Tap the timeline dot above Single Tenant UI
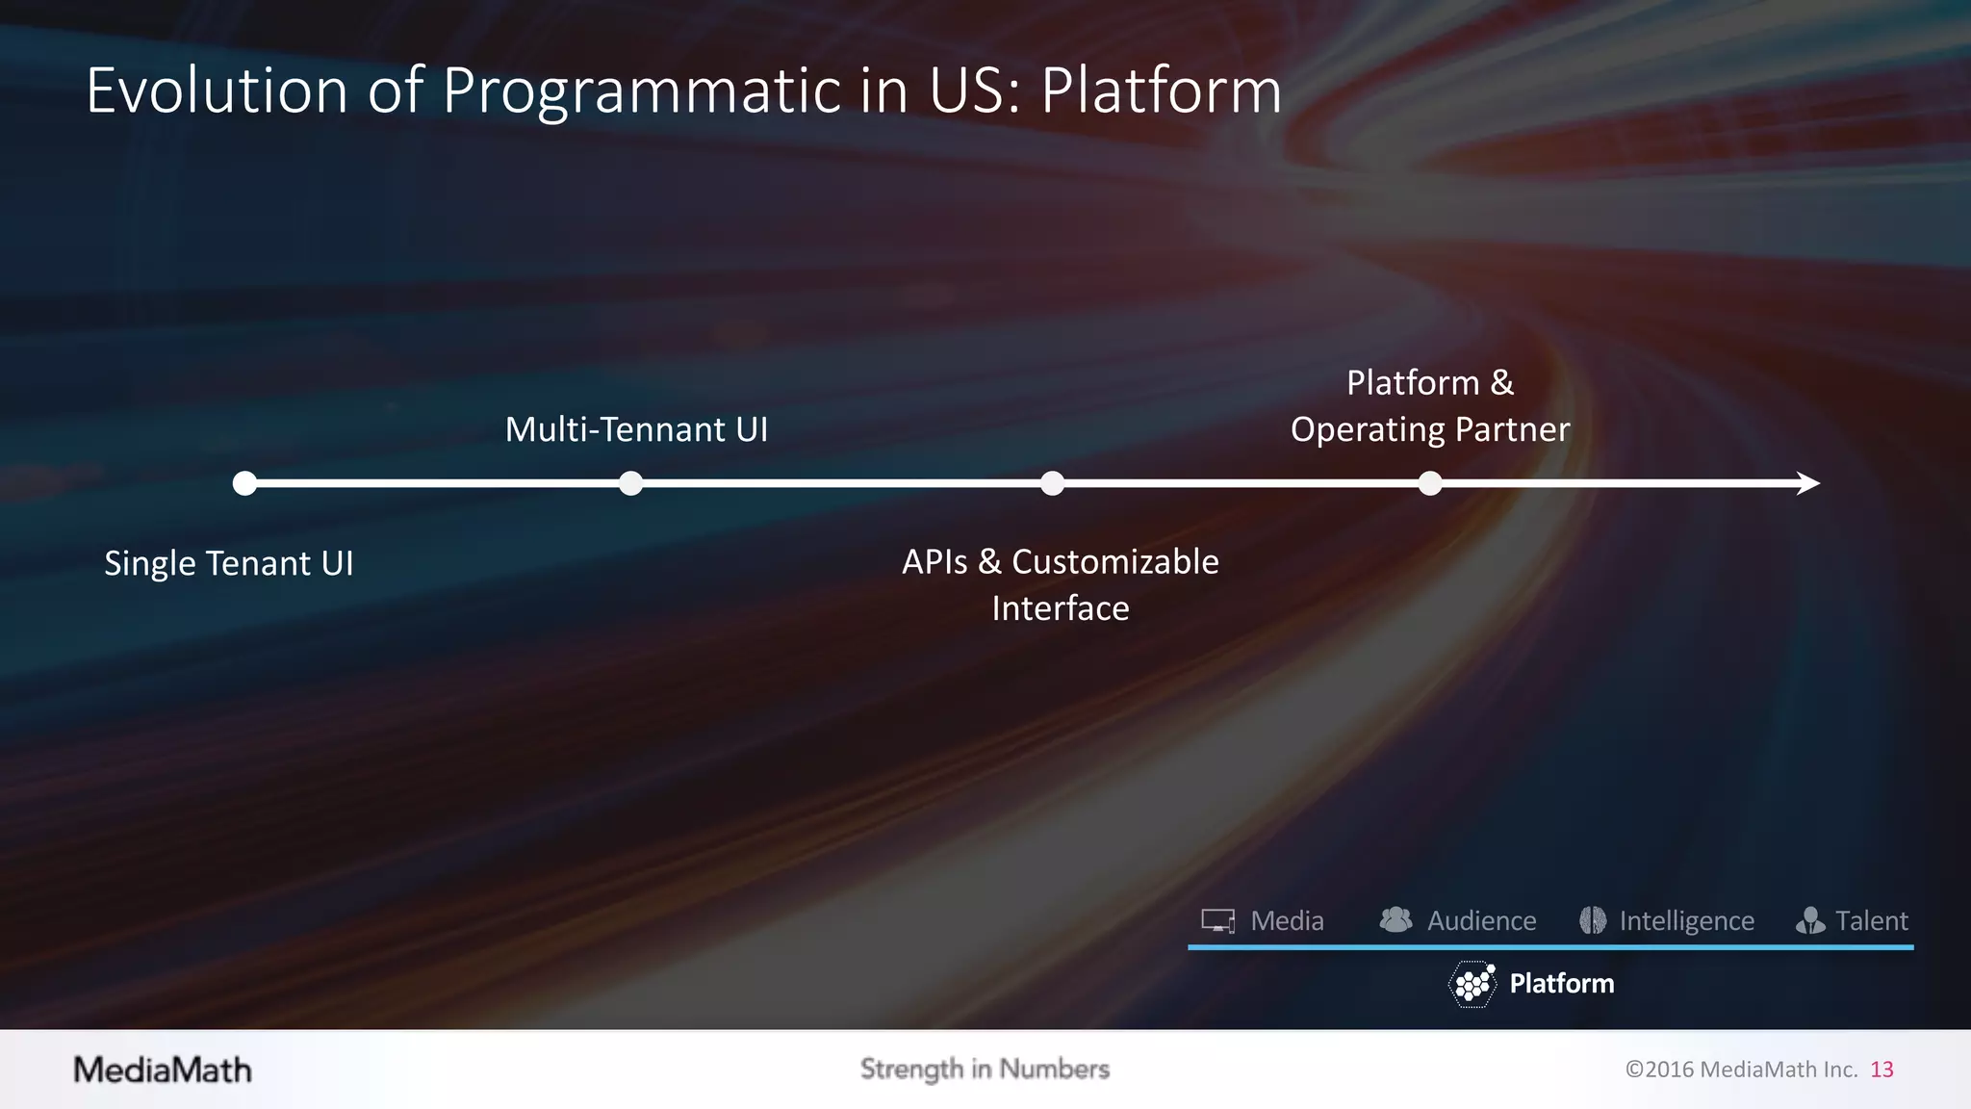pyautogui.click(x=244, y=483)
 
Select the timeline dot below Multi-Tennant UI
pyautogui.click(x=630, y=483)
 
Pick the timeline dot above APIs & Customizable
pyautogui.click(x=1052, y=483)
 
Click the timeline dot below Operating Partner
pyautogui.click(x=1430, y=483)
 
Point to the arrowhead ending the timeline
pyautogui.click(x=1808, y=483)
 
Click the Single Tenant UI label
pyautogui.click(x=229, y=563)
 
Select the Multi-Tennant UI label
pyautogui.click(x=636, y=429)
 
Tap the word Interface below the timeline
pyautogui.click(x=1060, y=608)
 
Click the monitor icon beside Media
pyautogui.click(x=1218, y=921)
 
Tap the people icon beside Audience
pyautogui.click(x=1395, y=920)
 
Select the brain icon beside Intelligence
pyautogui.click(x=1593, y=920)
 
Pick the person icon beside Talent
pyautogui.click(x=1810, y=921)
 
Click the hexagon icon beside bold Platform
pyautogui.click(x=1472, y=984)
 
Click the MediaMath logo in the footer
pyautogui.click(x=163, y=1070)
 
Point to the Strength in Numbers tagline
pyautogui.click(x=985, y=1070)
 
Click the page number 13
pyautogui.click(x=1881, y=1070)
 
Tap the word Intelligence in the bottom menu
pyautogui.click(x=1686, y=921)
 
